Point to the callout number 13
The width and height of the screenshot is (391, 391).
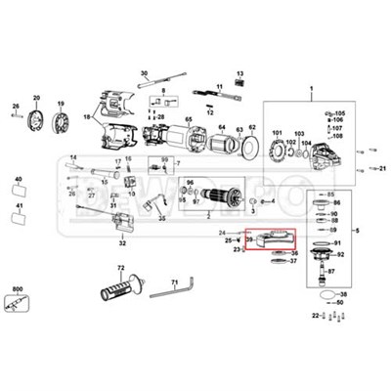(239, 71)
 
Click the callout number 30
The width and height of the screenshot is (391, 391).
(144, 73)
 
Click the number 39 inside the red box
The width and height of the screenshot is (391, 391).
(250, 239)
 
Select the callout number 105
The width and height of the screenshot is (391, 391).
(340, 114)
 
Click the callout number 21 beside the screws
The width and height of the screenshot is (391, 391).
(378, 169)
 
